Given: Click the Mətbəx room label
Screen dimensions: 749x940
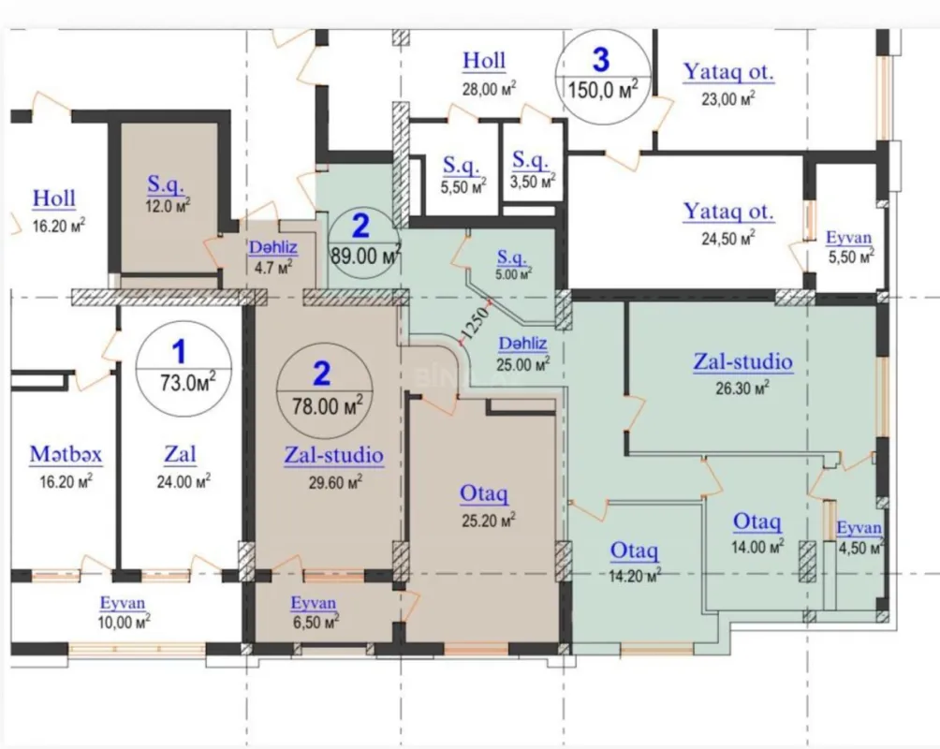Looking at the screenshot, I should pyautogui.click(x=65, y=455).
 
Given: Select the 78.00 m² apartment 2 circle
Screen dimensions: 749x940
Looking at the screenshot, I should pyautogui.click(x=321, y=388).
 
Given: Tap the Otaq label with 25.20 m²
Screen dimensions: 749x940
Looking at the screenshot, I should pyautogui.click(x=484, y=492).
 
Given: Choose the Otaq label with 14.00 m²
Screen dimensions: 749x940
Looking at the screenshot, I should pyautogui.click(x=757, y=521).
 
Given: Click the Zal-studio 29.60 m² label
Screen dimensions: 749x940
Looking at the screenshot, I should pyautogui.click(x=333, y=456).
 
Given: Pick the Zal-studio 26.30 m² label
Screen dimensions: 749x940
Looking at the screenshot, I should pyautogui.click(x=742, y=361).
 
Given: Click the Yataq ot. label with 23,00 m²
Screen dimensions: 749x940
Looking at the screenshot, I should pyautogui.click(x=728, y=72).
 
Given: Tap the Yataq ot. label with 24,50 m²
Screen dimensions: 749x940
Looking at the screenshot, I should pyautogui.click(x=728, y=212).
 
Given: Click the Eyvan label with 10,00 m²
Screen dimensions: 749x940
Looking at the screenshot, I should pyautogui.click(x=125, y=603).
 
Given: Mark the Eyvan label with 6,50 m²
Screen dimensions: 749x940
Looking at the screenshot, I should pyautogui.click(x=313, y=603).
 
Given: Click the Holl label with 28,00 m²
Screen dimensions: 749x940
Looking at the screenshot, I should pyautogui.click(x=484, y=61).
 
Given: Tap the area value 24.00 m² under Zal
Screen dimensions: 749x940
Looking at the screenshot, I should pyautogui.click(x=183, y=480).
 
